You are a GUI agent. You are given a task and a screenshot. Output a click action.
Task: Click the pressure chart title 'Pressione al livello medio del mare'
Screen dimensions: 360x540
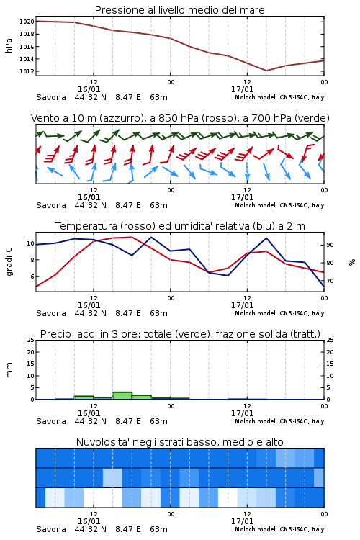tap(179, 10)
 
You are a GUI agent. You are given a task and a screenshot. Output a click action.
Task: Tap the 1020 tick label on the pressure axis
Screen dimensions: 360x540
tap(27, 22)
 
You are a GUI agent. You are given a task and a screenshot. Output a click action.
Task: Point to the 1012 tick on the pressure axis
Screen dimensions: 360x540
tap(27, 71)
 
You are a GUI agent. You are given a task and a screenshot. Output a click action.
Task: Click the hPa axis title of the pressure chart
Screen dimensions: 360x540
tap(9, 45)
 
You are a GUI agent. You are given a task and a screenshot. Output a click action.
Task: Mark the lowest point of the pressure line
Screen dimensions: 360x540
tap(266, 71)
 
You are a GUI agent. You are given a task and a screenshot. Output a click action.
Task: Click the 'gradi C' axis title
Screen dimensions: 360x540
tap(9, 261)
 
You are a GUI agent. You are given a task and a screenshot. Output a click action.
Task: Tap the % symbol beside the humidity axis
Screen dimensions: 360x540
tap(352, 262)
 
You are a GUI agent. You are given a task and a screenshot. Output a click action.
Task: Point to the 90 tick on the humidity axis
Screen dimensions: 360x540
tap(330, 245)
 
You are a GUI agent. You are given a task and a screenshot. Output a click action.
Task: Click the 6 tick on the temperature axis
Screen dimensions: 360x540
tap(32, 276)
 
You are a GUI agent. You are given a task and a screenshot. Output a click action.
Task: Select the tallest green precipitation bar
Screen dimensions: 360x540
tap(122, 396)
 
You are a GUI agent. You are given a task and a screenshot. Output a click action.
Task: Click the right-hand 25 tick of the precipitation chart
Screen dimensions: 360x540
tap(330, 340)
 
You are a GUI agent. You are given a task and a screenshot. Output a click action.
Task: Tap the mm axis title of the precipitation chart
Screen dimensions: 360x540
tap(9, 370)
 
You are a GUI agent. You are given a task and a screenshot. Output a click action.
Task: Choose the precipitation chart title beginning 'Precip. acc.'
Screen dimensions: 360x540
tap(180, 334)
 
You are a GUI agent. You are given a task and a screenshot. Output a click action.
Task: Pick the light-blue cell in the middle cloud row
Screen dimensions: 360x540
tap(112, 477)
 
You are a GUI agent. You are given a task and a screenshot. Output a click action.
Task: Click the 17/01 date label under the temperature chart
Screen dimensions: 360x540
tap(242, 305)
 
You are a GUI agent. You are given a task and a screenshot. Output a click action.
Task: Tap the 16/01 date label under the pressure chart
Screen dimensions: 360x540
tap(89, 89)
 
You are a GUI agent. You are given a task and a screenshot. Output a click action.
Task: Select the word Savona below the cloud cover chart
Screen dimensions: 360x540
tap(51, 529)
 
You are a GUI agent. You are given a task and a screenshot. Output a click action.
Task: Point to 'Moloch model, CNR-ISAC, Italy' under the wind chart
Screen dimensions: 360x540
tap(279, 205)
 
